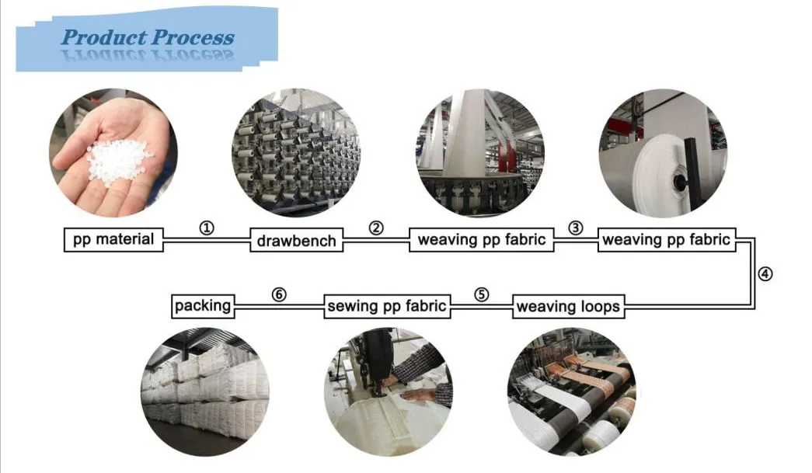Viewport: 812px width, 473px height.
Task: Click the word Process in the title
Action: coord(193,37)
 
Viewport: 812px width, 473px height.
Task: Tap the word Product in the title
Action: coord(104,37)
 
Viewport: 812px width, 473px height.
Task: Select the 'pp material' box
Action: coord(113,239)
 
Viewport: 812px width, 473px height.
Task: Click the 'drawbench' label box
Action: coord(296,240)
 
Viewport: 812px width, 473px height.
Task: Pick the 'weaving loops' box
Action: coord(568,306)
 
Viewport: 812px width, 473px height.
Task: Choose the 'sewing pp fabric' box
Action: coord(387,306)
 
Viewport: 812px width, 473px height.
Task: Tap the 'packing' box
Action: coord(203,306)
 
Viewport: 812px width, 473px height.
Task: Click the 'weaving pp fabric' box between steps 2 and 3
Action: coord(482,239)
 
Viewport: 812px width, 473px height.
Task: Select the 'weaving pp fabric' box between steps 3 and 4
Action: coord(667,239)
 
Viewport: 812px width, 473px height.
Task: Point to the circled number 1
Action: coord(207,228)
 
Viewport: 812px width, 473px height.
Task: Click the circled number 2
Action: coord(377,228)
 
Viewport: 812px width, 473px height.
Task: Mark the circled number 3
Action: coord(575,228)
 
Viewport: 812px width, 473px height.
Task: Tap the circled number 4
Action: coord(765,273)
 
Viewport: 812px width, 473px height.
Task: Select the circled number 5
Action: coord(482,294)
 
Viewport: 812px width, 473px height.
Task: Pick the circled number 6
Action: coord(279,294)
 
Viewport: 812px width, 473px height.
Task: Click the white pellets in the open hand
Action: coord(119,161)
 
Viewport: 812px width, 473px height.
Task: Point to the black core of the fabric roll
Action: coord(679,181)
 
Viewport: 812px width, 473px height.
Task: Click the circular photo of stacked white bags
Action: coord(205,391)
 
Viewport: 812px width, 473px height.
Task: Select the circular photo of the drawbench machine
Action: coord(296,153)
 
